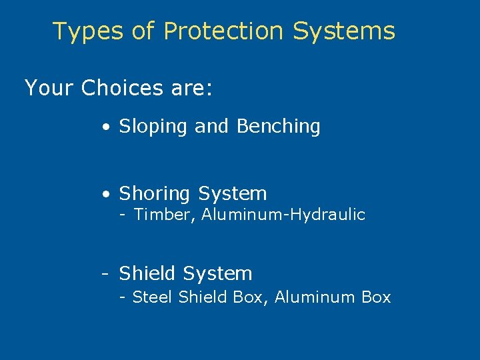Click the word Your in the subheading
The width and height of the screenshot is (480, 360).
point(49,88)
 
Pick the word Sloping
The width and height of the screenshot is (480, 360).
point(153,127)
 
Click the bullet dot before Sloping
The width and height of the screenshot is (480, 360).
point(106,127)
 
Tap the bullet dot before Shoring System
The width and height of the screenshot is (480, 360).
point(106,195)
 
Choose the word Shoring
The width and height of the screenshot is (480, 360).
point(155,194)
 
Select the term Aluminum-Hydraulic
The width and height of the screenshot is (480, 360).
point(283,215)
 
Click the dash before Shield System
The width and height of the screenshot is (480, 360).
point(105,273)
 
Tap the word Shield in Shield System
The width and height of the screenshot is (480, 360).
point(148,273)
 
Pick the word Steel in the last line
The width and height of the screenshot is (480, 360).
point(153,297)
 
